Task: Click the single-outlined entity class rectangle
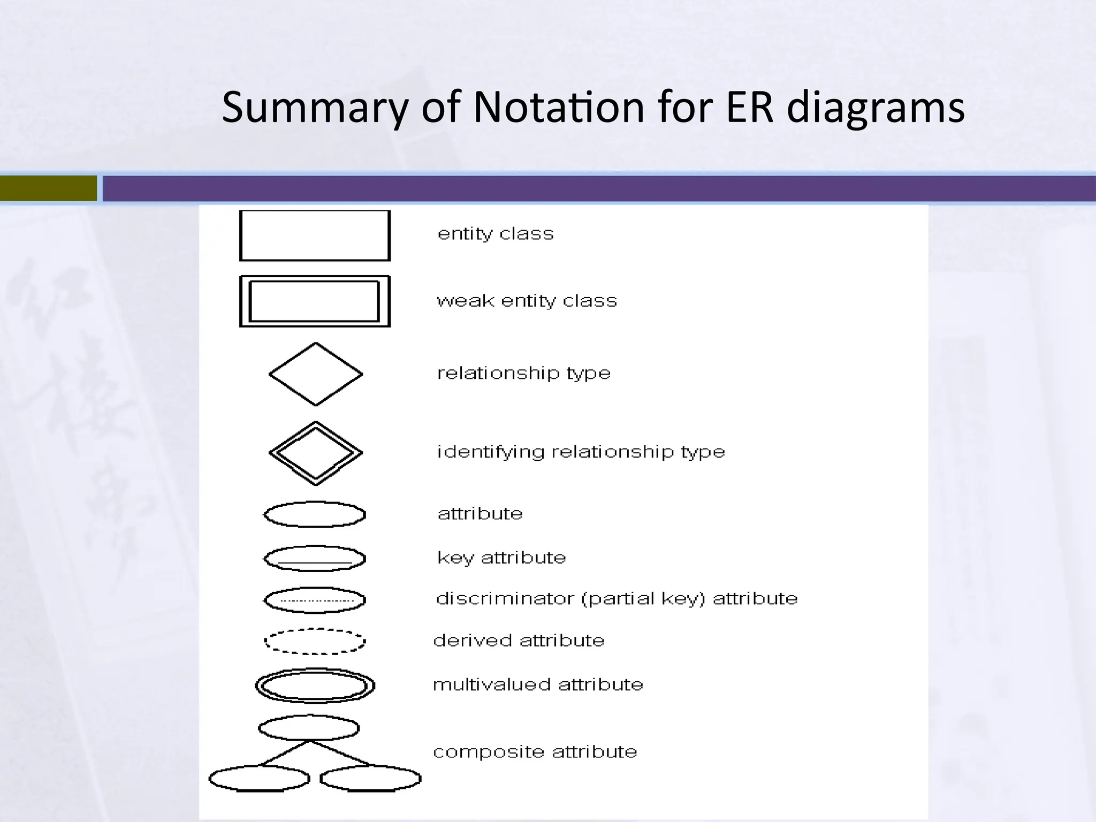click(x=315, y=235)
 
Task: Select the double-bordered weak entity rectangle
click(x=315, y=301)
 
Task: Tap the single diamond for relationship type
click(x=316, y=374)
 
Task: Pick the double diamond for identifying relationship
click(x=316, y=453)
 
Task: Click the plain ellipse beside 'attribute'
click(x=315, y=514)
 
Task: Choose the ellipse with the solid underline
click(x=315, y=558)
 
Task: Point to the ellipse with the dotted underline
click(x=315, y=600)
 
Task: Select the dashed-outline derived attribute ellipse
click(x=315, y=641)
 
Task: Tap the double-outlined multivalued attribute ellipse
click(x=315, y=686)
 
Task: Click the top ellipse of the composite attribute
click(x=309, y=728)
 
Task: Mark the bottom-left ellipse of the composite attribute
click(x=259, y=778)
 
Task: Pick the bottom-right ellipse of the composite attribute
click(x=370, y=779)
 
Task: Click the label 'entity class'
click(x=496, y=234)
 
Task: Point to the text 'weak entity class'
click(x=527, y=301)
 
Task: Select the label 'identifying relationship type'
click(x=581, y=452)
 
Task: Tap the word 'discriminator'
click(x=505, y=598)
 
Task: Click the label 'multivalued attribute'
click(x=538, y=685)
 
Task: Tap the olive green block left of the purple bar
click(x=48, y=188)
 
